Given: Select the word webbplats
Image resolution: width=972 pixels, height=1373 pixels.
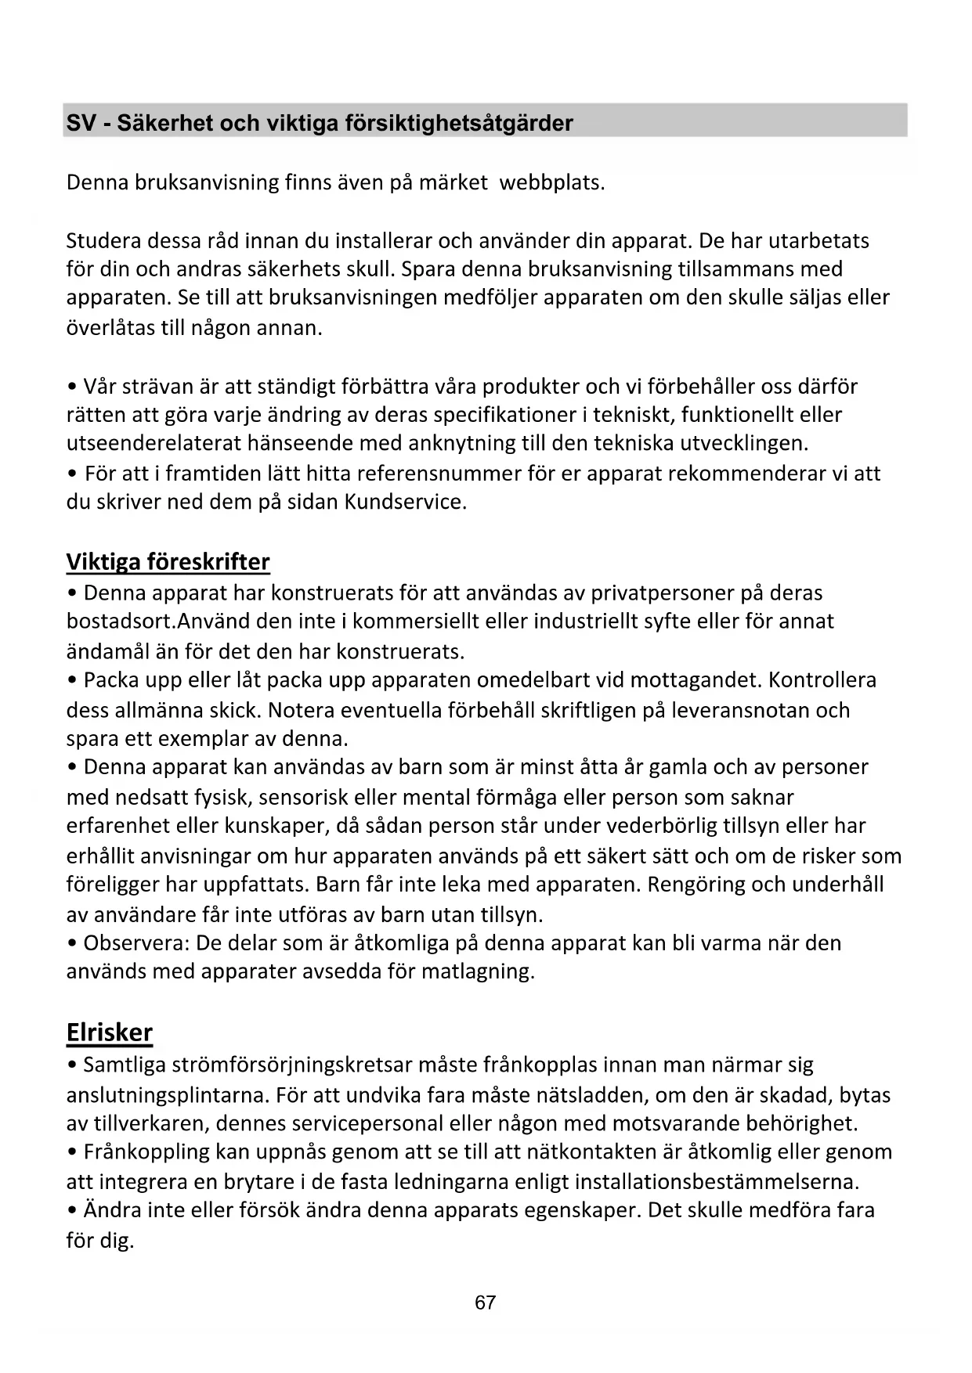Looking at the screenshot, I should [x=551, y=182].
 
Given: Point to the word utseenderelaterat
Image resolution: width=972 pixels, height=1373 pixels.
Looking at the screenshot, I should [x=154, y=444].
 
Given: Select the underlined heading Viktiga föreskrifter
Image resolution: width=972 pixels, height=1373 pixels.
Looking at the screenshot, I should [x=168, y=562].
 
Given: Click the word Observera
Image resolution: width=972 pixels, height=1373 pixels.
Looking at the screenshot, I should [x=136, y=942].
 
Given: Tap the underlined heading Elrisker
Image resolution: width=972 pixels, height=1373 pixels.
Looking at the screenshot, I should [x=109, y=1032].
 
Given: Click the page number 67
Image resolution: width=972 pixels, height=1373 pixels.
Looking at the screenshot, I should [x=486, y=1303].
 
